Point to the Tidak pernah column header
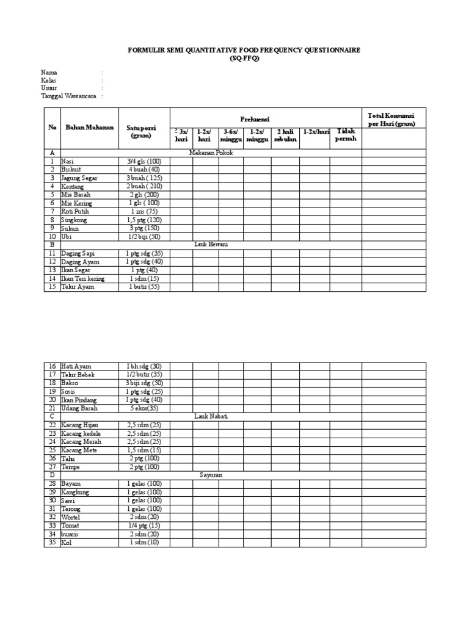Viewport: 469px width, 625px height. [x=345, y=135]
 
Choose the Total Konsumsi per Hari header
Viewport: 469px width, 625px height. [x=391, y=120]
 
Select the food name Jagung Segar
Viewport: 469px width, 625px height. [x=79, y=178]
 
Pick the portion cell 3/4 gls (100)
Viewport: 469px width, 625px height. [x=144, y=161]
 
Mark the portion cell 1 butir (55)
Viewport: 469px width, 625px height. [x=144, y=287]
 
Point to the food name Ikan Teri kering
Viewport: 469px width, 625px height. [x=83, y=278]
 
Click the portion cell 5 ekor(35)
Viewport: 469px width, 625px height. [x=144, y=408]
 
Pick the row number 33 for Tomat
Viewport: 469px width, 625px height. [x=52, y=526]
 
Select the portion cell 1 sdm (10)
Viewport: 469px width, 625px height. [x=144, y=542]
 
